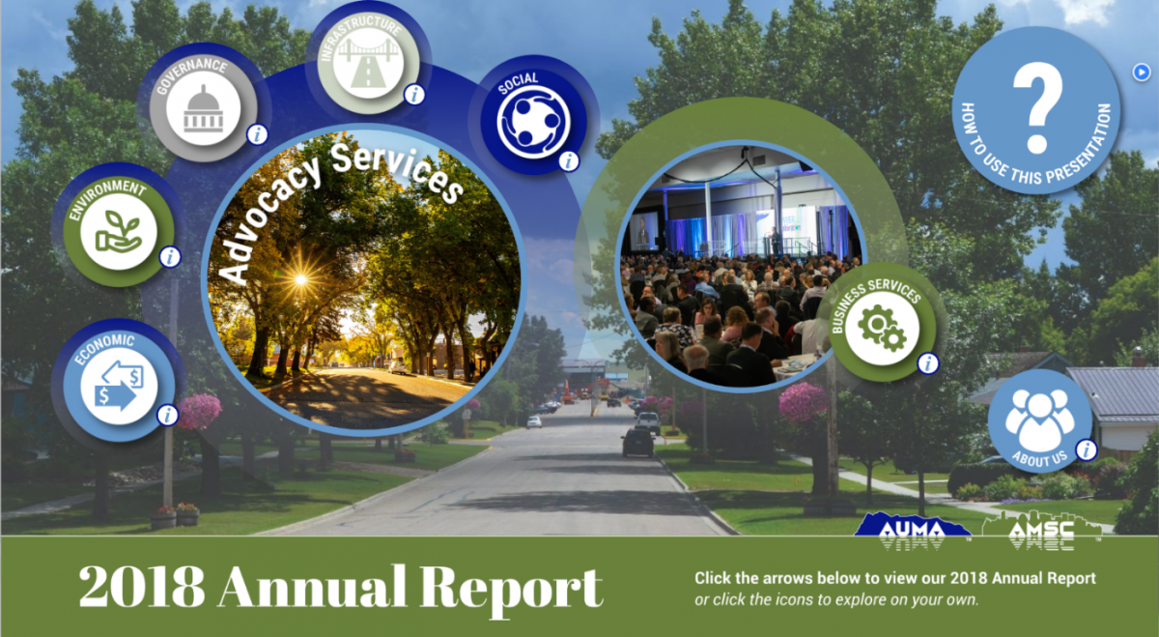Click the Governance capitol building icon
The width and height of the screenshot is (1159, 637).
pos(204,109)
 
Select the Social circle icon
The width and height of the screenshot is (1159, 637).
pos(533,123)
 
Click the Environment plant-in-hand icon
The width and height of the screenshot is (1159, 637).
pos(119,231)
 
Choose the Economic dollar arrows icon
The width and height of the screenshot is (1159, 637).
pos(119,386)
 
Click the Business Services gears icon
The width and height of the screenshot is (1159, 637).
pos(882,329)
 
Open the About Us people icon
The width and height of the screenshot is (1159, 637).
pos(1039,419)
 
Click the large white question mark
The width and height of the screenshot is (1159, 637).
pos(1037,107)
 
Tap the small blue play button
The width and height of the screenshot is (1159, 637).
pos(1141,72)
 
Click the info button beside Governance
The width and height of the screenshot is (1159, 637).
pos(257,134)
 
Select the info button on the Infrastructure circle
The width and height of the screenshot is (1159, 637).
pos(414,95)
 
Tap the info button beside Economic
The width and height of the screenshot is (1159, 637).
pos(167,416)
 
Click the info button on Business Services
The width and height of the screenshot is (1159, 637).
pos(928,363)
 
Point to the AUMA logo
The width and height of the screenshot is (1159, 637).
pos(912,531)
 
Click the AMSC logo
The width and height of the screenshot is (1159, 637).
pos(1041,531)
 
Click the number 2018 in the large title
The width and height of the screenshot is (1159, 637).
pos(141,587)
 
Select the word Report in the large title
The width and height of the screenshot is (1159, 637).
pos(511,591)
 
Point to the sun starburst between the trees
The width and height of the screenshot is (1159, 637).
pos(300,280)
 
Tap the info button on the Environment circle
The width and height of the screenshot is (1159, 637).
pos(170,257)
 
